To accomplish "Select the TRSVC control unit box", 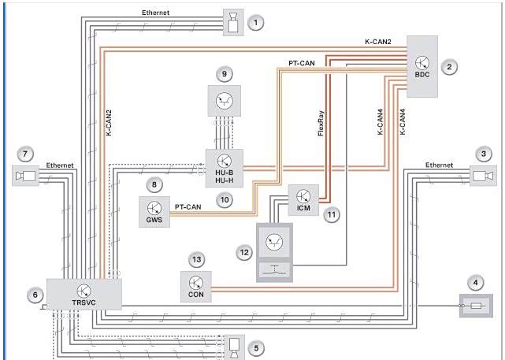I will [x=84, y=293].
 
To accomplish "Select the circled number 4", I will [x=474, y=281].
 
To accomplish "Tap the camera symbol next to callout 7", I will [x=26, y=176].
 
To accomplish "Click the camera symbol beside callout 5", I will [x=235, y=345].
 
